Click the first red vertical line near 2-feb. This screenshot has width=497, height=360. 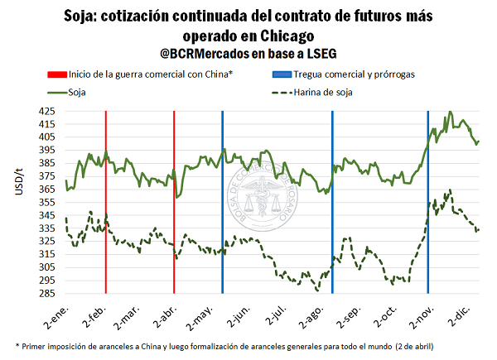(x=105, y=207)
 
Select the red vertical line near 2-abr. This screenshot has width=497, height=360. (x=174, y=207)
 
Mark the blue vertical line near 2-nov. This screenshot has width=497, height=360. (x=427, y=207)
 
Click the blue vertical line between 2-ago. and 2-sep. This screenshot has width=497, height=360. (x=332, y=207)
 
